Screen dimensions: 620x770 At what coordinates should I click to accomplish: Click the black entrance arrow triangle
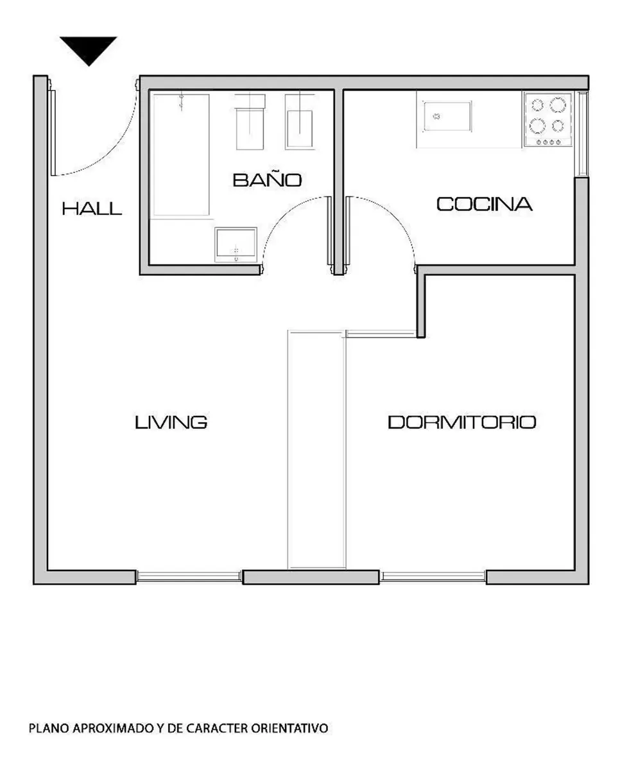click(x=89, y=48)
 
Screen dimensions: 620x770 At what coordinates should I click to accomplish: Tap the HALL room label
click(x=92, y=209)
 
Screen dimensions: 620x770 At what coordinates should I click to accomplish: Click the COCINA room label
click(x=485, y=204)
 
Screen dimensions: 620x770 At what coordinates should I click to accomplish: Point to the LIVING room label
click(x=171, y=422)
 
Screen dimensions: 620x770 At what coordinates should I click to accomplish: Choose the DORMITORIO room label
click(x=461, y=422)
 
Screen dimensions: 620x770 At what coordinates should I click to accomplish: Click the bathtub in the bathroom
click(x=181, y=155)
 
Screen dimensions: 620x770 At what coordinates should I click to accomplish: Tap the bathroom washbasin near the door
click(x=236, y=244)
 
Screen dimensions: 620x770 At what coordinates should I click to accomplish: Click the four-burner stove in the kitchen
click(x=548, y=119)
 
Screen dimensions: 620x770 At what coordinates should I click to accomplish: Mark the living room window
click(x=189, y=576)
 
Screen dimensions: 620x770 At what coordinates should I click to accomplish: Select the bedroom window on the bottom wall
click(x=433, y=576)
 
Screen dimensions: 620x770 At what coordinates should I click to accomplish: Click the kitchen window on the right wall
click(x=582, y=134)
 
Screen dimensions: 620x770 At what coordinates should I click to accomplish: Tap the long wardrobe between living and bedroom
click(x=316, y=449)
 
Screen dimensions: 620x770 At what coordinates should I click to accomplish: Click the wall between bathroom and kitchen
click(x=339, y=182)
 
